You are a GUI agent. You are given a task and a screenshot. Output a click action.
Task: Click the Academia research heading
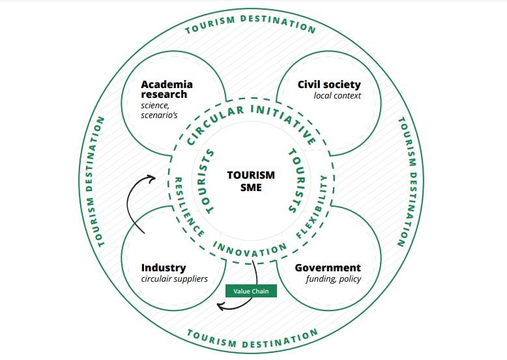pos(167,89)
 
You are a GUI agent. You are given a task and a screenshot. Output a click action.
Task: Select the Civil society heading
pos(329,85)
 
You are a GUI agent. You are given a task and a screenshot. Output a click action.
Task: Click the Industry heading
pos(164,268)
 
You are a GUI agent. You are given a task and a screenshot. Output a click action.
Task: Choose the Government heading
pos(328,268)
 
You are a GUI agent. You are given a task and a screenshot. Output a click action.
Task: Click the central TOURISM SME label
pos(251,181)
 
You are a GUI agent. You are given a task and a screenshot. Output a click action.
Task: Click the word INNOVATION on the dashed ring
pos(250,249)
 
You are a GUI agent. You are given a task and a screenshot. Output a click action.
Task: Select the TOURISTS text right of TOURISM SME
pos(294,181)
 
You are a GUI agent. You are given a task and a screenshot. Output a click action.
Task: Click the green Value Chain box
pos(251,291)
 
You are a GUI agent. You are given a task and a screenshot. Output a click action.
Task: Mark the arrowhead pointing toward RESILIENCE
pos(152,176)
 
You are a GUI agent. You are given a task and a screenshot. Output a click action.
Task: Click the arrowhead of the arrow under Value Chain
pos(220,305)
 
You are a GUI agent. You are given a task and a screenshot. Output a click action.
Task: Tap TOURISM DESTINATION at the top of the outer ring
pos(251,23)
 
